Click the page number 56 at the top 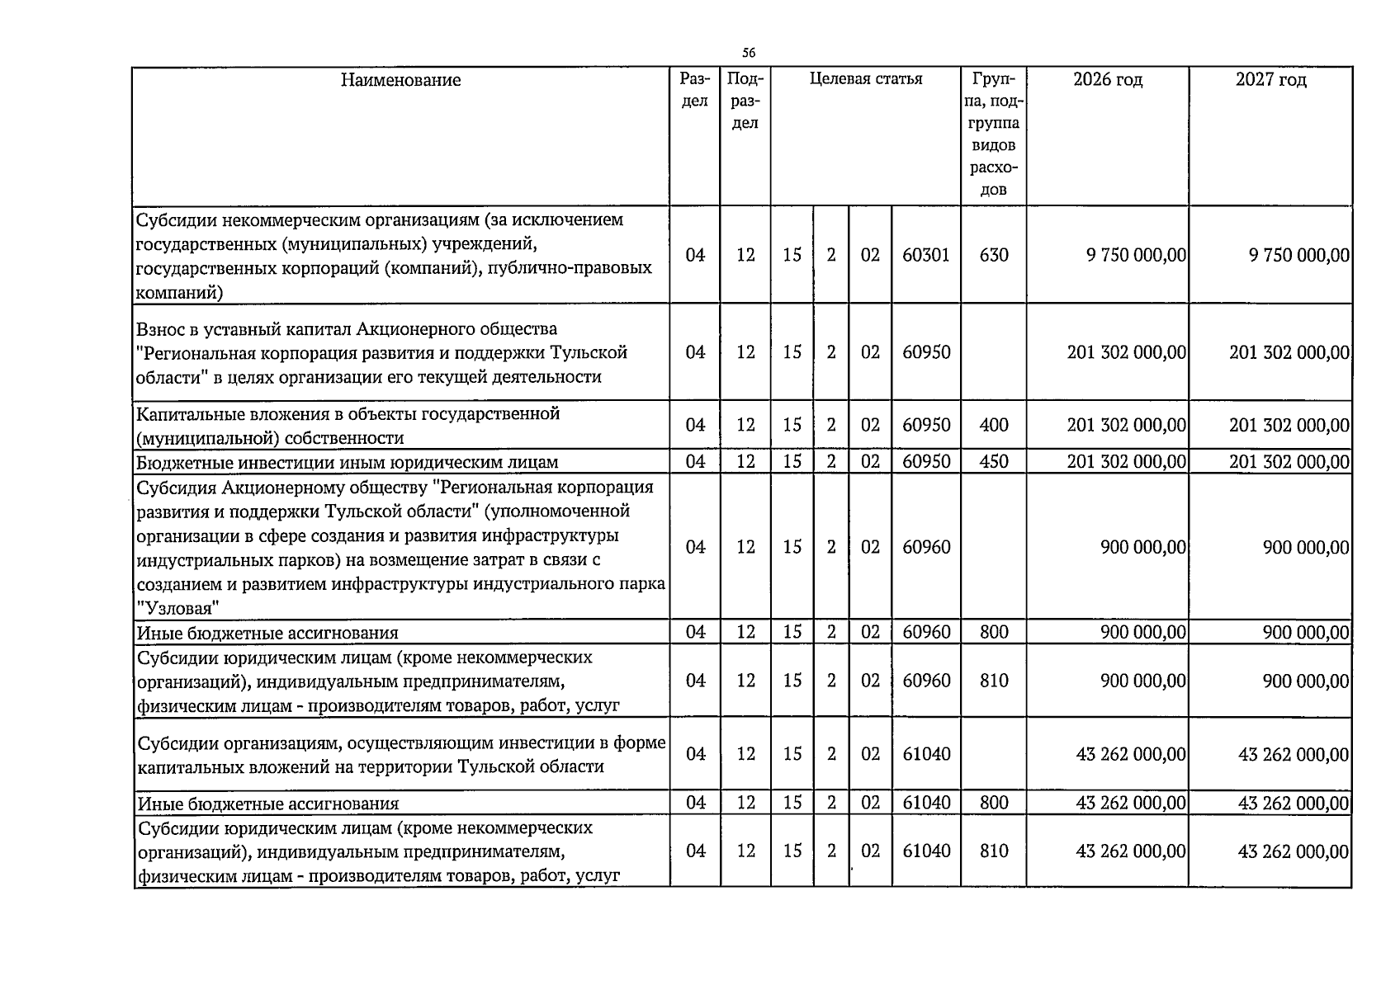pos(749,54)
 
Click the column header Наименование pos(401,80)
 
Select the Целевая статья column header pos(865,79)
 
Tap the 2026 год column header pos(1108,80)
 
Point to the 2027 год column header pos(1270,80)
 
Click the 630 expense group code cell pos(993,256)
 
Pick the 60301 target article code pos(926,256)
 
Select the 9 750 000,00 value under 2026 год pos(1136,256)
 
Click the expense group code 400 pos(993,426)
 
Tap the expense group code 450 pos(993,462)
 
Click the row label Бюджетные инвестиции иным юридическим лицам pos(348,463)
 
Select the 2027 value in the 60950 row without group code pos(1289,353)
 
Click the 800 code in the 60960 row pos(993,633)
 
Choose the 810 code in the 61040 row pos(993,851)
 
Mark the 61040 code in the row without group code pos(926,755)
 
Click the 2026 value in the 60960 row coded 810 pos(1142,681)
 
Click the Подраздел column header pos(745,101)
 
